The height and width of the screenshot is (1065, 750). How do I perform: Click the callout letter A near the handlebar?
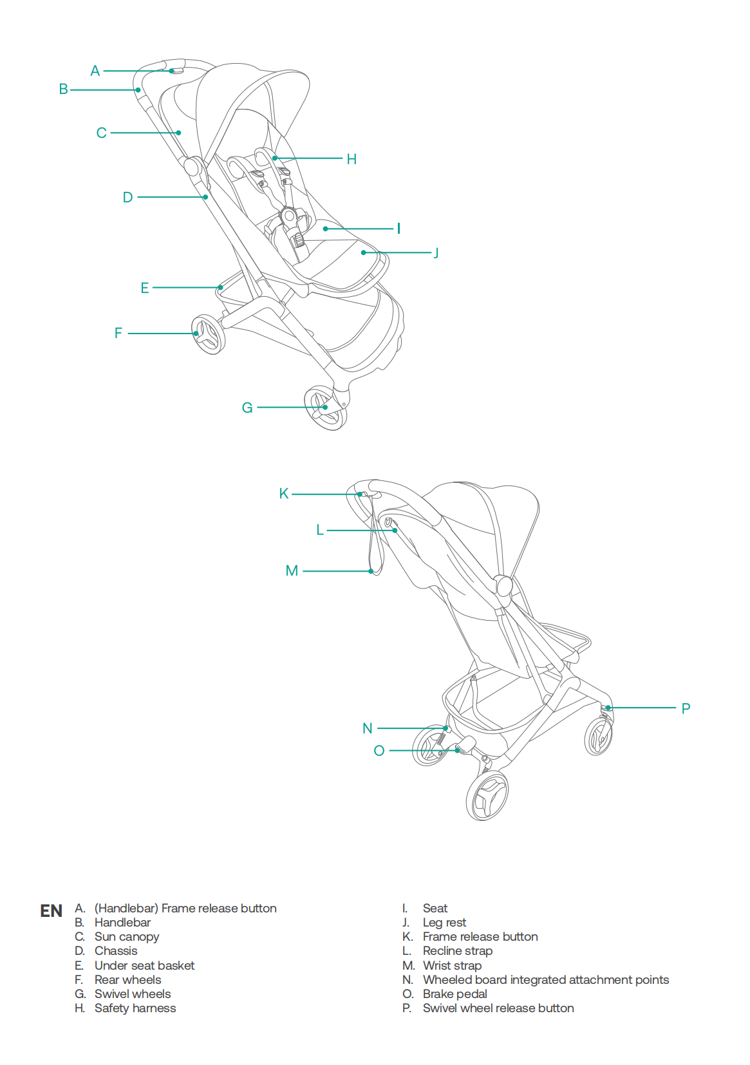pos(95,71)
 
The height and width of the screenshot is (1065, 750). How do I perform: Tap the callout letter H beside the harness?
pos(352,159)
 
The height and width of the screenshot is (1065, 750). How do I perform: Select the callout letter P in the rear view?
pos(686,708)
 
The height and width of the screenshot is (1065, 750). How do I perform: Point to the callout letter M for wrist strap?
pos(292,570)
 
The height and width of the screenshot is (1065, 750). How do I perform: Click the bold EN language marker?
pos(52,911)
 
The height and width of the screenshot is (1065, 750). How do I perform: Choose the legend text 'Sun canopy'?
pos(127,937)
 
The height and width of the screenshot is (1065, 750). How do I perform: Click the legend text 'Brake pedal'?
pos(455,994)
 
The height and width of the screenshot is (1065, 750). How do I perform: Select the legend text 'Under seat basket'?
pos(144,965)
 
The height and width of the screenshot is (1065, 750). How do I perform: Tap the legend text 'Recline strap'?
pos(458,951)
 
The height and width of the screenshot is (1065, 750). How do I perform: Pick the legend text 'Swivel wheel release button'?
pos(498,1008)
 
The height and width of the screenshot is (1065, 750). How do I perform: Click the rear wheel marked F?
pos(208,334)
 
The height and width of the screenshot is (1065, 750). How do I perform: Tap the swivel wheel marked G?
pos(326,409)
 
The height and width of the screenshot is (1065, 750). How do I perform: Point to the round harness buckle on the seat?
pos(288,216)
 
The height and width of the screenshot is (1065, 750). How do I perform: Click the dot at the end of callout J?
pos(364,252)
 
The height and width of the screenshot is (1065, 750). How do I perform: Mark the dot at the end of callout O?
pos(457,750)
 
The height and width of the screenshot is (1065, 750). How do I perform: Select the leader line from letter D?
pos(172,197)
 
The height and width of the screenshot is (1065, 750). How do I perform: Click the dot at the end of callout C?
pos(179,133)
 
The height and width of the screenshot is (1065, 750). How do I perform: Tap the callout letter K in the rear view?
pos(284,493)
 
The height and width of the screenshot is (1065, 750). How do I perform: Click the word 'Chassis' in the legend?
pos(116,951)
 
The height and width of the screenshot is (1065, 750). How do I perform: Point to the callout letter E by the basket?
pos(144,288)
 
